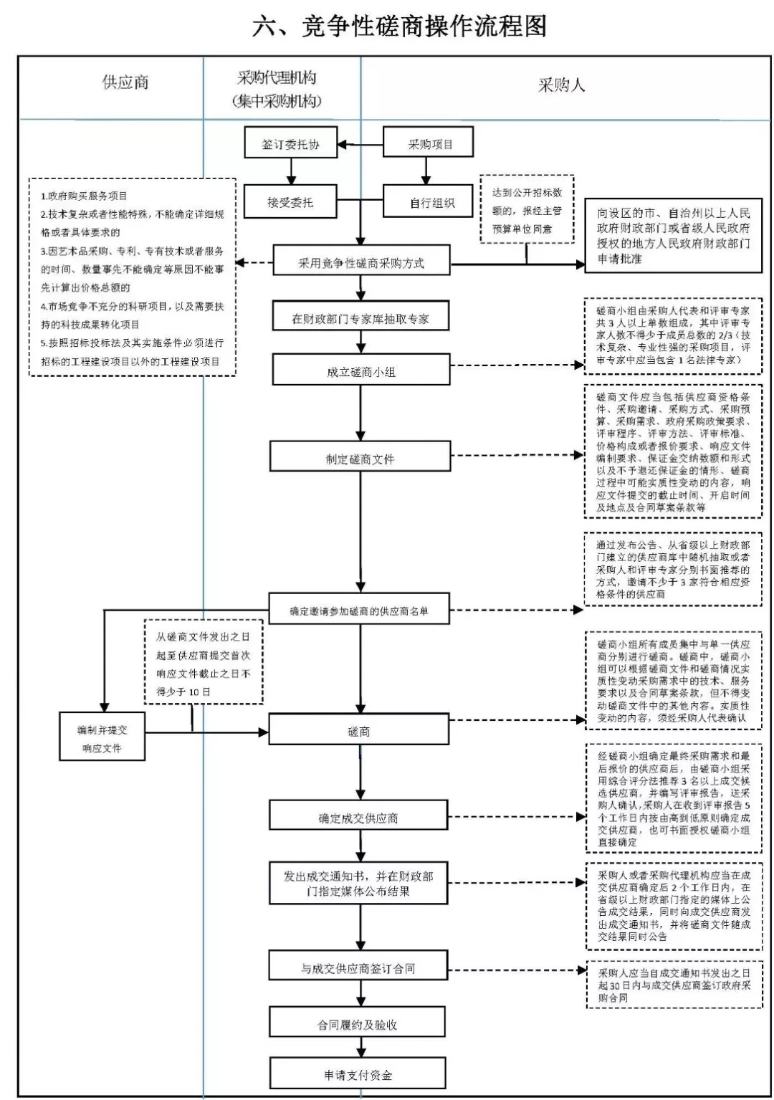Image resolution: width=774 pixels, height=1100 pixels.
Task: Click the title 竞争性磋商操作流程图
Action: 399,27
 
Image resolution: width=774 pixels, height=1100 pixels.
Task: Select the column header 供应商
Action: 125,82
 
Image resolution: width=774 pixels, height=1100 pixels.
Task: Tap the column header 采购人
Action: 561,85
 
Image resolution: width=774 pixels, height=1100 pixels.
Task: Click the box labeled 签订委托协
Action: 290,144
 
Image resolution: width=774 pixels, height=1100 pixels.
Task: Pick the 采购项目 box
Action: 429,144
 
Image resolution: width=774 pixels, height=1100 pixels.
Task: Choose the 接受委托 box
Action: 290,202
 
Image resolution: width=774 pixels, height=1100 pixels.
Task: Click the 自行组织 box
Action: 429,203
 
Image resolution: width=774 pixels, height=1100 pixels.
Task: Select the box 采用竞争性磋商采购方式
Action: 360,263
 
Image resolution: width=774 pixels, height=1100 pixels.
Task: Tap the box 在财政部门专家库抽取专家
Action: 360,319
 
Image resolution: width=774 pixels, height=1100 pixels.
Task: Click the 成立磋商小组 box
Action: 360,372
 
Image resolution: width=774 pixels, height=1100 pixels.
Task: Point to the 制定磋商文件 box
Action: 360,459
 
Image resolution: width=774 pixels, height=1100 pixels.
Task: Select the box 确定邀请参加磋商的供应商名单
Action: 359,611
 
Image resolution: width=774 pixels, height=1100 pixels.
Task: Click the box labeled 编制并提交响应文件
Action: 102,738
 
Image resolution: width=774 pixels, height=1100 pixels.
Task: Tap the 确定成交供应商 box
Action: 358,818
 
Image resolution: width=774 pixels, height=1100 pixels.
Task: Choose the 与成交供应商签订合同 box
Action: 358,968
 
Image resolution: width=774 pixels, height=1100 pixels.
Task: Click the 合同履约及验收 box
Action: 358,1025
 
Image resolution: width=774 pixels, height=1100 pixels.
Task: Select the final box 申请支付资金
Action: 358,1075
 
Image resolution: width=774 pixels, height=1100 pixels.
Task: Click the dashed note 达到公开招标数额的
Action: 527,210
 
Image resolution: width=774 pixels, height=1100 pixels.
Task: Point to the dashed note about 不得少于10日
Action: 204,663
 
